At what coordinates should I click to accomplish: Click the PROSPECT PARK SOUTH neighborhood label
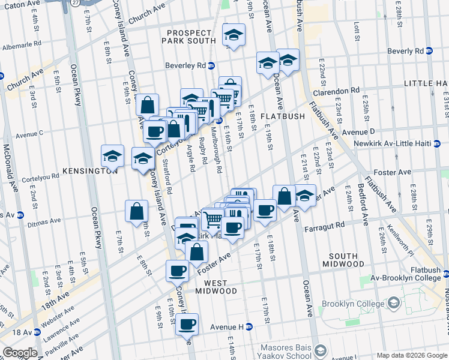coord(191,36)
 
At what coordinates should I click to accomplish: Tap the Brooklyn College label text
coord(353,304)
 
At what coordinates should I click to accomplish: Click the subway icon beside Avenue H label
coord(249,326)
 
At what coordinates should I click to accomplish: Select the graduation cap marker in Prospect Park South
coord(234,35)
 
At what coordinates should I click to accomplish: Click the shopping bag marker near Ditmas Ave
coord(137,211)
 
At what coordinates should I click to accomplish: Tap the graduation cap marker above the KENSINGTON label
coord(112,156)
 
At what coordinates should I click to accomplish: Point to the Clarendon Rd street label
coord(336,91)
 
